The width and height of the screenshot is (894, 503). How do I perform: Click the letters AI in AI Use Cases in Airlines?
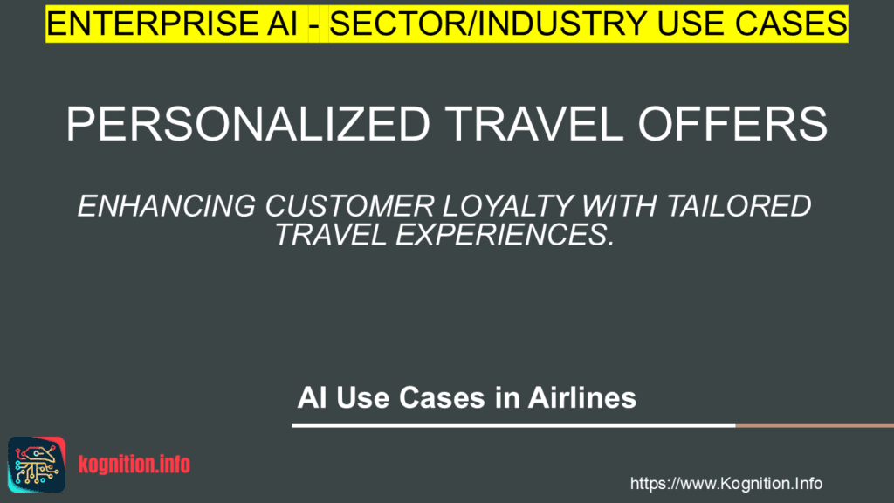coord(310,398)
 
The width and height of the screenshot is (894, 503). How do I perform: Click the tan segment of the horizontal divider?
coord(814,425)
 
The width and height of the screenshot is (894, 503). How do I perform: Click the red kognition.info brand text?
coord(134,465)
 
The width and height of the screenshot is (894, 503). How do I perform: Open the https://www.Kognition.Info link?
coord(726,483)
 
